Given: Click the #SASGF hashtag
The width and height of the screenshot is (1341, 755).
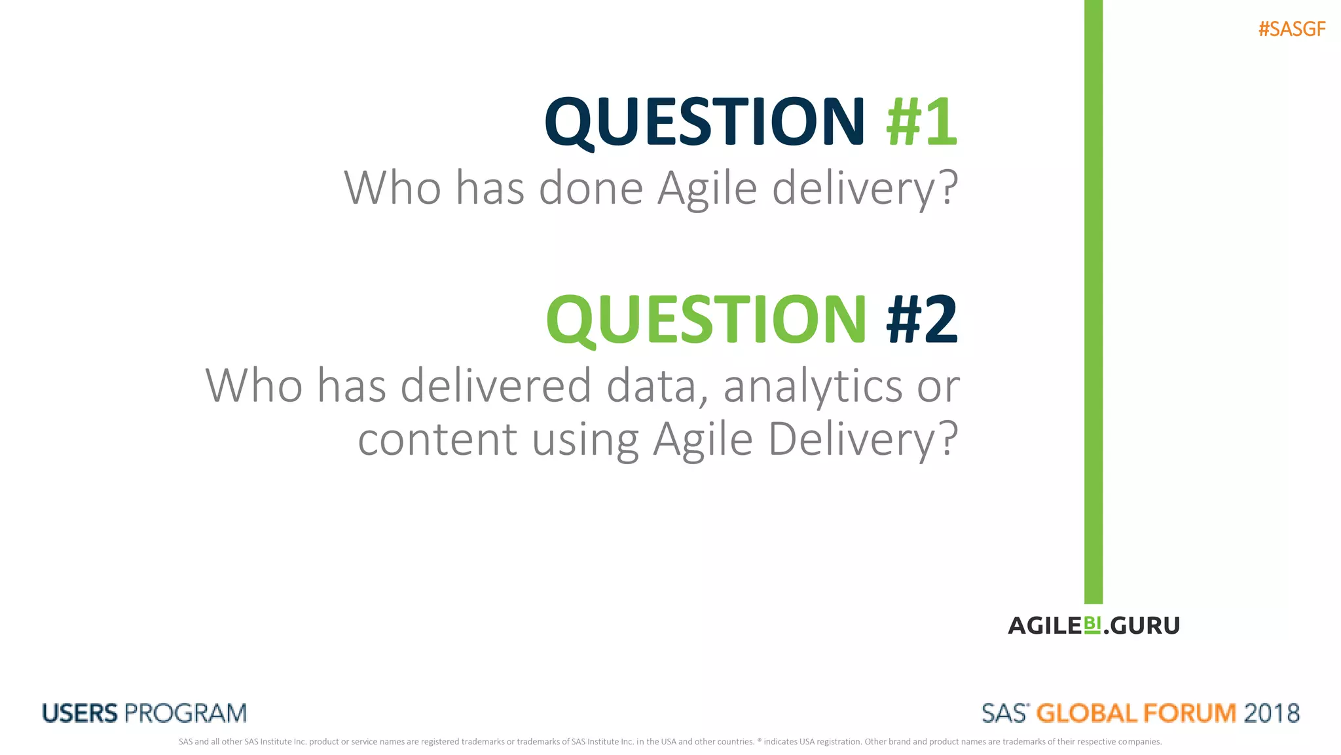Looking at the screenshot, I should coord(1291,29).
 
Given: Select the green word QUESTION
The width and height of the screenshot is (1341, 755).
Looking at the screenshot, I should coord(707,320).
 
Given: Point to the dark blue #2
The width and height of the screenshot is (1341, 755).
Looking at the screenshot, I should coord(922,320).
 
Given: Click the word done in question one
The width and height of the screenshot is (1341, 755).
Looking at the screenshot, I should coord(591,188).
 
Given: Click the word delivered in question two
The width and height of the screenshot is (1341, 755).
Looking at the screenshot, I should coord(496,386).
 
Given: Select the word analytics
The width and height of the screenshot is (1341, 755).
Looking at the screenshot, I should coord(813,387).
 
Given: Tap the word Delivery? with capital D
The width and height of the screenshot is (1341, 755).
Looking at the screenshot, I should coord(863,440).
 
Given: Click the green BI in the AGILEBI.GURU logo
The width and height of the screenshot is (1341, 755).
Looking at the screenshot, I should coord(1092,624).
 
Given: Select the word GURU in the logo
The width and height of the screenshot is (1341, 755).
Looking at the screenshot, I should coord(1145,626).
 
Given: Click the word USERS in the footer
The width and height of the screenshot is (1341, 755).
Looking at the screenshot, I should coord(80,713).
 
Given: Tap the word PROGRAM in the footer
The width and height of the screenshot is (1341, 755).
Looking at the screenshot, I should coord(186,713).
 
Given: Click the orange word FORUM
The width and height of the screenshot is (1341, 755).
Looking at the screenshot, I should coord(1189,713).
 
